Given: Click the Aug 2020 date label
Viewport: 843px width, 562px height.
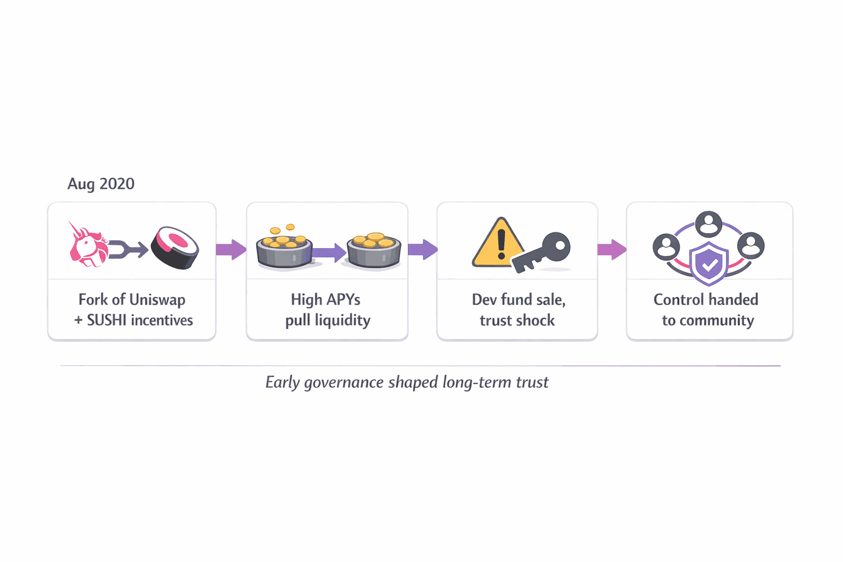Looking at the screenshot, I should tap(100, 184).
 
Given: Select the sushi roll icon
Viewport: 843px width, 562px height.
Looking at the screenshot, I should tap(175, 248).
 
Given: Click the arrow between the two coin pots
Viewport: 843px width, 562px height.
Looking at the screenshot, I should tap(329, 252).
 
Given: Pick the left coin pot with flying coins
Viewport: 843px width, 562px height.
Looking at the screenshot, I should tap(284, 250).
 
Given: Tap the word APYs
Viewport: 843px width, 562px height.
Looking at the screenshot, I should tap(343, 300).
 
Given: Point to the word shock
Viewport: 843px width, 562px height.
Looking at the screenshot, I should tap(536, 321).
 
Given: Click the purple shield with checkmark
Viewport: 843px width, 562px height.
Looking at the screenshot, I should tap(709, 264).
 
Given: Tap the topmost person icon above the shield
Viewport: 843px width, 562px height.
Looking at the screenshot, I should tap(709, 224).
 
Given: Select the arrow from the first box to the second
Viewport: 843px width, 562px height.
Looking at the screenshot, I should tap(231, 250).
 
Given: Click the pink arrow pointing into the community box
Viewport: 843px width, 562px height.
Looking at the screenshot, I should tap(611, 250).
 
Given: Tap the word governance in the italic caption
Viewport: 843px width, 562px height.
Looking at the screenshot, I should tap(344, 383).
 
